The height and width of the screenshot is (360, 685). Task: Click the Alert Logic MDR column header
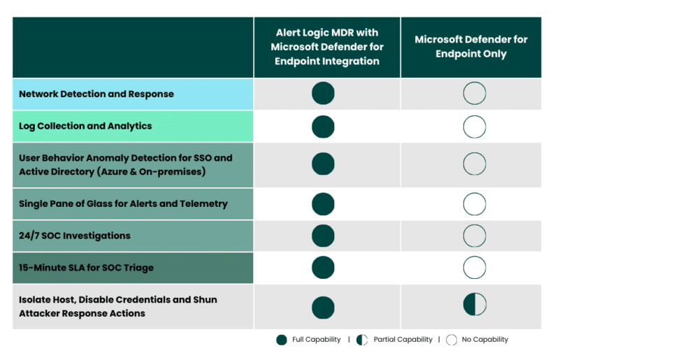(327, 47)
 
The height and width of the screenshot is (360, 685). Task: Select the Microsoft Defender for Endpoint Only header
(471, 47)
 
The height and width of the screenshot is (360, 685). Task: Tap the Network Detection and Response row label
(96, 94)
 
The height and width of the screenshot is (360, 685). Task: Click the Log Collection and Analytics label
(85, 127)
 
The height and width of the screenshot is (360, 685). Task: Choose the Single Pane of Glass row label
(123, 204)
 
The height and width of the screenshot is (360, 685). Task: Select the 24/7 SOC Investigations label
(75, 236)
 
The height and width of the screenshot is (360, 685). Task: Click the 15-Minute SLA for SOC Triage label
(86, 268)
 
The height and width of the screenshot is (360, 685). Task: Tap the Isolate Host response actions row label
(118, 306)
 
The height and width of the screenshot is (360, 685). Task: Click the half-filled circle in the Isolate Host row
(475, 305)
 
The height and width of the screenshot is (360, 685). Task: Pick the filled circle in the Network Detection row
(323, 93)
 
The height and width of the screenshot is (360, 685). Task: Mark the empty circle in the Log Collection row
(475, 127)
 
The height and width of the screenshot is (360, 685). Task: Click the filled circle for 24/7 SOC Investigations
(323, 236)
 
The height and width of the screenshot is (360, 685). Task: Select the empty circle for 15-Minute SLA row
(475, 268)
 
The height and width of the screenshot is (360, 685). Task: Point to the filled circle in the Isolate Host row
(323, 308)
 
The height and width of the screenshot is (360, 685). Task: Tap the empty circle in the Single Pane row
(475, 204)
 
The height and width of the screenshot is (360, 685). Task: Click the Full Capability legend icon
(281, 340)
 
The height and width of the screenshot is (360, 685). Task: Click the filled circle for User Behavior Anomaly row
(323, 164)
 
